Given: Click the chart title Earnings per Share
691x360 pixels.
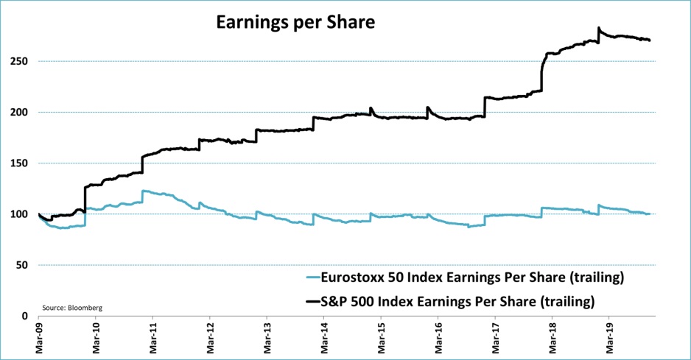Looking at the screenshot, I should (295, 23).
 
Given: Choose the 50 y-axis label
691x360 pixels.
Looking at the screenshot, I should (28, 265).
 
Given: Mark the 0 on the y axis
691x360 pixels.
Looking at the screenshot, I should (30, 316).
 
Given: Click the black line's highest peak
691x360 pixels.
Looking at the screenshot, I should (599, 28).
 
